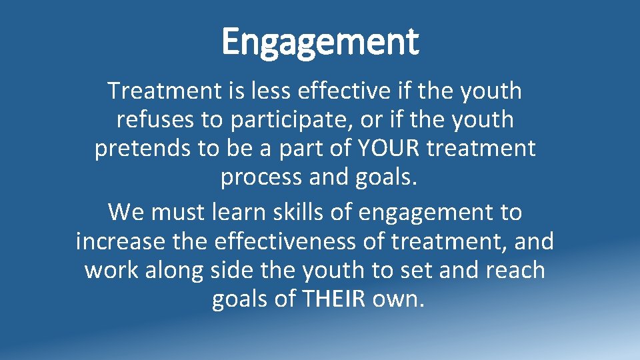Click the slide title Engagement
pyautogui.click(x=320, y=41)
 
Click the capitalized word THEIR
pyautogui.click(x=333, y=300)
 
